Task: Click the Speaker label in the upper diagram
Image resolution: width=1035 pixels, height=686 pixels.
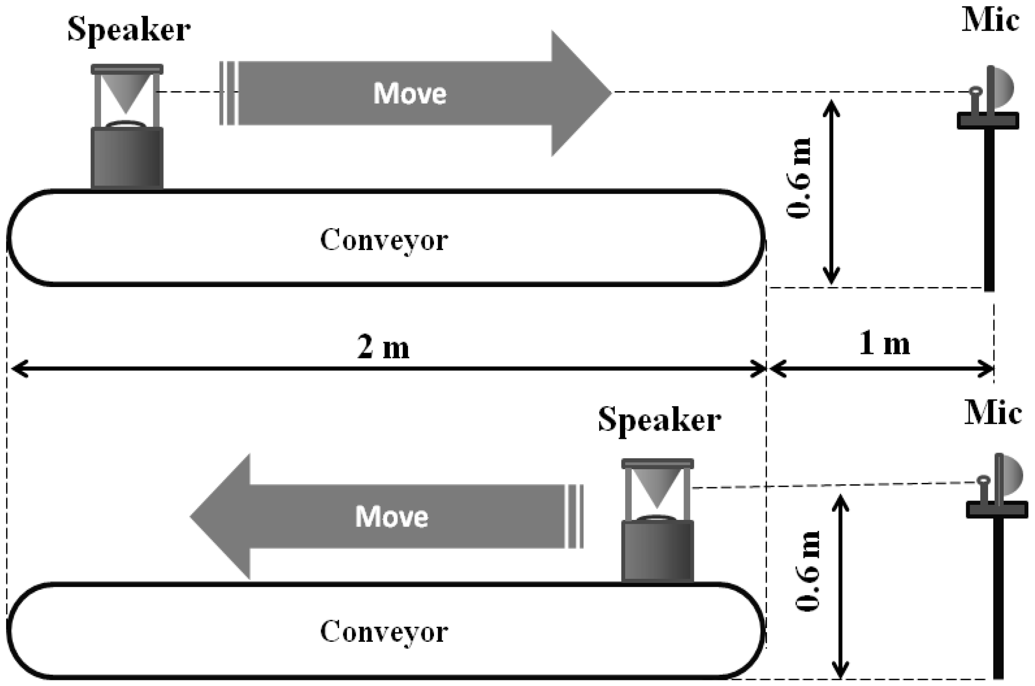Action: point(129,29)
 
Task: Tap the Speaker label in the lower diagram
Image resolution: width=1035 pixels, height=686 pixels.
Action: point(659,420)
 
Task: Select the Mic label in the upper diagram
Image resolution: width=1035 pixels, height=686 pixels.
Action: point(990,21)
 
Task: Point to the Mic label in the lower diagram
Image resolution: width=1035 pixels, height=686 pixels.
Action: point(993,413)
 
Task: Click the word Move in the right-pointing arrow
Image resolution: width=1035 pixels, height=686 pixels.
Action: point(410,93)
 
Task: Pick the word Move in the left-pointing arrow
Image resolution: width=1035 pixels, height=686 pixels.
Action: point(392,517)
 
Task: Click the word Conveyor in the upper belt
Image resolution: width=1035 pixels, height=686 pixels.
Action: point(384,240)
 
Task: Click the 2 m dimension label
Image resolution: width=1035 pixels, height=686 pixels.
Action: point(383,347)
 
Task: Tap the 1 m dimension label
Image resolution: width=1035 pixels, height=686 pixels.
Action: point(885,343)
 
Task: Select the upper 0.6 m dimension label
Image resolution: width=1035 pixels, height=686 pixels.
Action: point(800,178)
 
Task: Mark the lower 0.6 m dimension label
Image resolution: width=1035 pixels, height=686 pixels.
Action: point(808,571)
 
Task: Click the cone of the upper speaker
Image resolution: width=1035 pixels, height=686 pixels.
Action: point(127,93)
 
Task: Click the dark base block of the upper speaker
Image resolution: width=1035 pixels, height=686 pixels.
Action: point(127,158)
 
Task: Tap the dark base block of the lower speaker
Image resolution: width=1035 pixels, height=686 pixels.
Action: point(657,551)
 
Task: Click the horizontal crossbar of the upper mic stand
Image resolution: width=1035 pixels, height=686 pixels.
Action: point(988,121)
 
